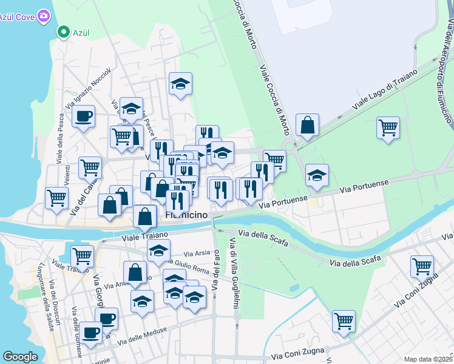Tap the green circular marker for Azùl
coord(62,32)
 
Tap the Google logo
coord(20,357)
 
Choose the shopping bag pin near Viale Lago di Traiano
coord(308,125)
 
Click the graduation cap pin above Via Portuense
coord(317,175)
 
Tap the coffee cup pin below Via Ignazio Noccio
coord(84,116)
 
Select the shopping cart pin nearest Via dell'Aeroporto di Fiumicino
coord(388,127)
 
